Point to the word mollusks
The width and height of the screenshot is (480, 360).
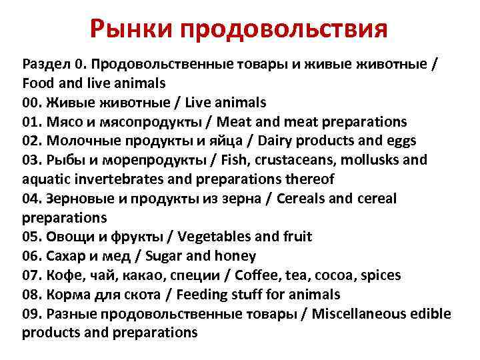[x=381, y=161]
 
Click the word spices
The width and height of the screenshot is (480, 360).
[x=401, y=275]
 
